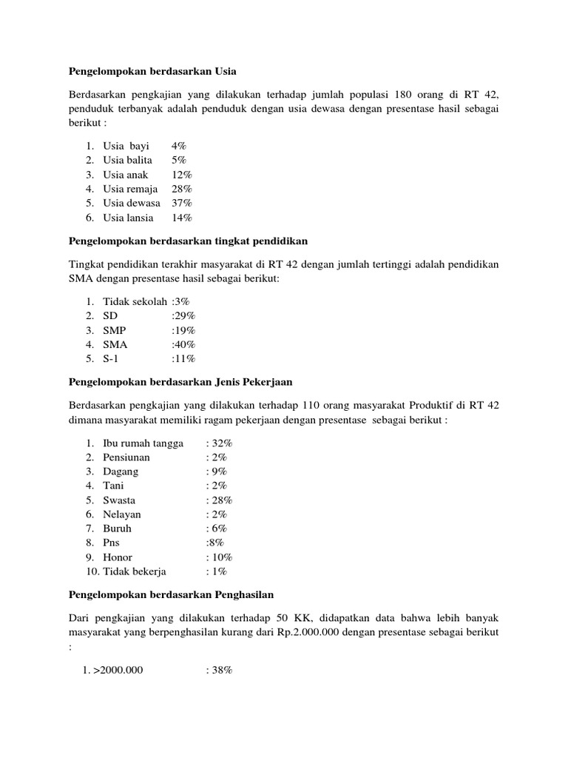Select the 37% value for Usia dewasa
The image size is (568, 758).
[x=182, y=203]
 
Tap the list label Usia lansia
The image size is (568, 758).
[x=129, y=218]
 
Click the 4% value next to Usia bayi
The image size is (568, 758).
[x=179, y=146]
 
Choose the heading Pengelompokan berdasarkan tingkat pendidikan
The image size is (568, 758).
[x=188, y=241]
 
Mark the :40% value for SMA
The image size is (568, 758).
[x=183, y=344]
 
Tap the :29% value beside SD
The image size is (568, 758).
[x=183, y=316]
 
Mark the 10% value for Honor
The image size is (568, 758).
[x=219, y=557]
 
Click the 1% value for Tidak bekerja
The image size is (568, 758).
[x=216, y=571]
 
